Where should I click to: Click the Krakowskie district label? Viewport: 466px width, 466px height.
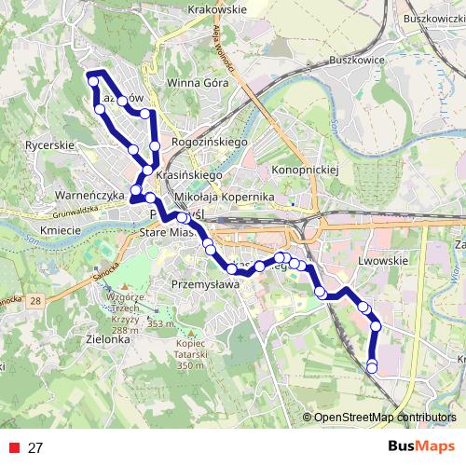215,8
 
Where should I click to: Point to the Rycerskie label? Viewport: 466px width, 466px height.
49,145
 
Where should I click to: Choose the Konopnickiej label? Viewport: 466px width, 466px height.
303,171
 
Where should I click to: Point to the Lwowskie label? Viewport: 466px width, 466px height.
384,261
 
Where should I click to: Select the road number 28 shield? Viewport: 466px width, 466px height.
34,300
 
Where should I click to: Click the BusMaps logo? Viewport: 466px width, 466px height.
420,446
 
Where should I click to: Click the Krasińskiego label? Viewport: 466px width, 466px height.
189,174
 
